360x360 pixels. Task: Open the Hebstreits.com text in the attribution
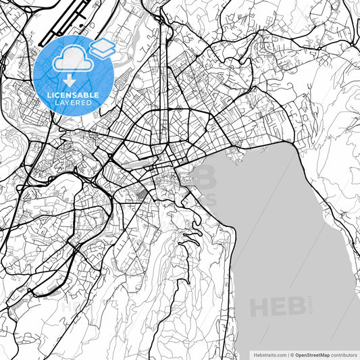(x=269, y=354)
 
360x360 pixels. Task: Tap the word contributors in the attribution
(x=344, y=354)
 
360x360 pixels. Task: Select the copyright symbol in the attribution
(x=292, y=354)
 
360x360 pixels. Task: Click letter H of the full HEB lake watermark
(x=260, y=307)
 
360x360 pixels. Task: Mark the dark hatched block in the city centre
(x=140, y=195)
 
